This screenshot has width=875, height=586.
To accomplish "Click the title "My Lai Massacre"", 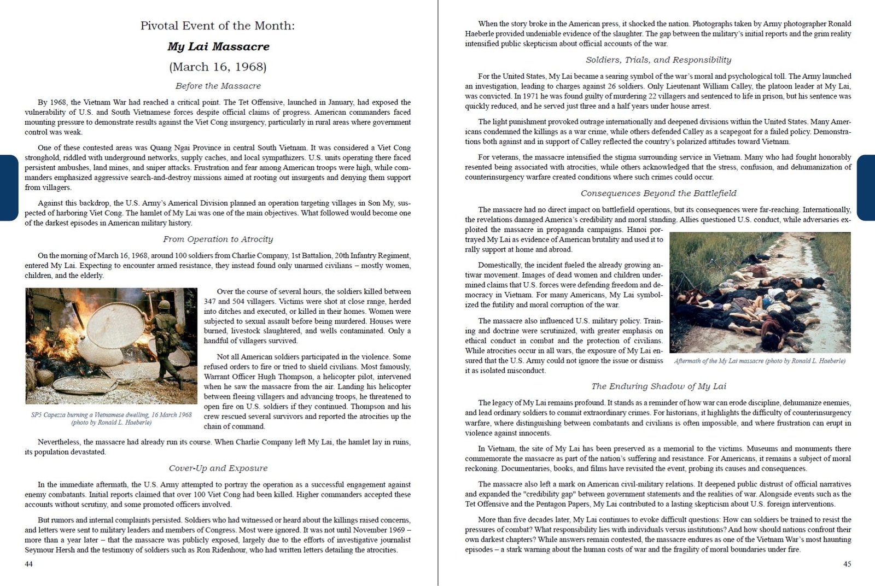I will (x=218, y=46).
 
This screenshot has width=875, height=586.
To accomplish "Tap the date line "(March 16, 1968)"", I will (x=218, y=67).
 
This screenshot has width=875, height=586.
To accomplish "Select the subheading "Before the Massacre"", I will (x=218, y=86).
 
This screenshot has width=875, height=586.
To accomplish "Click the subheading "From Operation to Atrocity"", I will (x=218, y=239).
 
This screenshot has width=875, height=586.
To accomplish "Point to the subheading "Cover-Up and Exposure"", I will (x=218, y=468).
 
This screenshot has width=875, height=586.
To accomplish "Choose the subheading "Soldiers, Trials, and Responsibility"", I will (x=658, y=60).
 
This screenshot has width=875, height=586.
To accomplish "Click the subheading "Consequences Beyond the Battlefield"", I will (x=658, y=193).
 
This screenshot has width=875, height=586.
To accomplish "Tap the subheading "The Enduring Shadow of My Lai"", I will (x=658, y=386).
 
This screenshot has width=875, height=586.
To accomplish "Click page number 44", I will (x=29, y=564).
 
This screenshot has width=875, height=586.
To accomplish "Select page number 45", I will (x=847, y=564).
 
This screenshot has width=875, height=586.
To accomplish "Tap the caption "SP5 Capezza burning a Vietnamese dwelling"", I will (x=112, y=415).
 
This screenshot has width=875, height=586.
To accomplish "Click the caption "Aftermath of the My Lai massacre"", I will (x=760, y=361).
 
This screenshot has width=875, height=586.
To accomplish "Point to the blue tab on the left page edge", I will (x=8, y=187).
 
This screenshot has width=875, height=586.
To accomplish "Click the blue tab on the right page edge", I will (x=866, y=187).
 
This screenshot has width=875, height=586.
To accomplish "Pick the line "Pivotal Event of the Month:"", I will (x=218, y=26).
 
